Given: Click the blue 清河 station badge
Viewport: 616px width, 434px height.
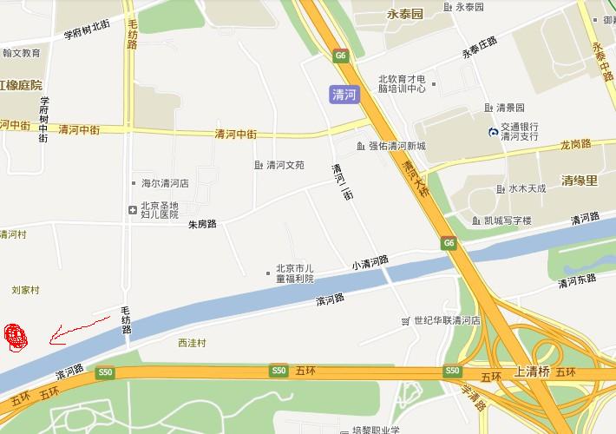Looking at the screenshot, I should (x=345, y=95).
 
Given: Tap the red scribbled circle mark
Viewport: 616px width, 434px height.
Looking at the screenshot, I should (x=16, y=337).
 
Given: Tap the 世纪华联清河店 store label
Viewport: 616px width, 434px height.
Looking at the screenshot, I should (x=447, y=320).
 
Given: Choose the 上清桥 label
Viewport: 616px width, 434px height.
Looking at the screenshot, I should (x=533, y=371).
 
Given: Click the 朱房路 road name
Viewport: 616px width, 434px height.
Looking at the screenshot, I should (x=202, y=224).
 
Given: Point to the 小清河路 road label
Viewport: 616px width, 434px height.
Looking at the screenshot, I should (x=370, y=261).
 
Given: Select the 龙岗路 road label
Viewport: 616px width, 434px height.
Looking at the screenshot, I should (x=575, y=144).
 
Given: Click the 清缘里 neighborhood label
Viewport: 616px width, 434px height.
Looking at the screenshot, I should (x=580, y=181).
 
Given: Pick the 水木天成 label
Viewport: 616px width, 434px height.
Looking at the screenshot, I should (x=527, y=188).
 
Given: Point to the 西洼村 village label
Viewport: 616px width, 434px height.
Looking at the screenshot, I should (x=192, y=343).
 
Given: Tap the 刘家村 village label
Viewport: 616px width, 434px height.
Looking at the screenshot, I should (x=26, y=290).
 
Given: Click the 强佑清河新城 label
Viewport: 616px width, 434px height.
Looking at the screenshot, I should (x=396, y=146).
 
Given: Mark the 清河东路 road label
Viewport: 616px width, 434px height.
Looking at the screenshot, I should (x=578, y=279).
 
